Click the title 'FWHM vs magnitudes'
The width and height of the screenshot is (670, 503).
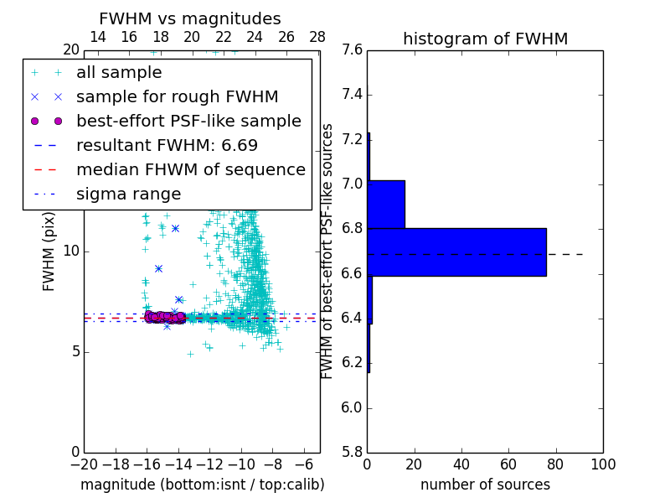[190, 18]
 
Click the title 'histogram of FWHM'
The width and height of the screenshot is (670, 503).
[485, 39]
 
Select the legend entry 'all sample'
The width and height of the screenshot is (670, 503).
[119, 73]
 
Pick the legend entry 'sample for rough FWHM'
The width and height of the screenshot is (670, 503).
[177, 96]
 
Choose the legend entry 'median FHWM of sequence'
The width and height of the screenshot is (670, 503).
[190, 169]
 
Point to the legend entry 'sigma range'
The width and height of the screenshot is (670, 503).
[128, 194]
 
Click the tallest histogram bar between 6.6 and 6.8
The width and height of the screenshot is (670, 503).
[457, 251]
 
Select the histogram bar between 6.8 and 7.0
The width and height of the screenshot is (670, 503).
[386, 204]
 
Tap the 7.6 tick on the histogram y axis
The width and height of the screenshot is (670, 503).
[352, 50]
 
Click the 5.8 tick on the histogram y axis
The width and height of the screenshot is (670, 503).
[352, 452]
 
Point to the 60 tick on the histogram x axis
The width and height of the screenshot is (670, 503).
[509, 464]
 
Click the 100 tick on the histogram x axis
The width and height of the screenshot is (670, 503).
[603, 464]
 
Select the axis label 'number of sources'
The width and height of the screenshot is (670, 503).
[485, 485]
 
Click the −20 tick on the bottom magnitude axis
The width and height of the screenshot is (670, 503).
[84, 464]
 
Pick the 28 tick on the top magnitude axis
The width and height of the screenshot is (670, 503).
[317, 37]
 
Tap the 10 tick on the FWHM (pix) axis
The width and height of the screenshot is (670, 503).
[71, 251]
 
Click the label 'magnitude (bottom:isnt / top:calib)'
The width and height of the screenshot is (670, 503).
[203, 485]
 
